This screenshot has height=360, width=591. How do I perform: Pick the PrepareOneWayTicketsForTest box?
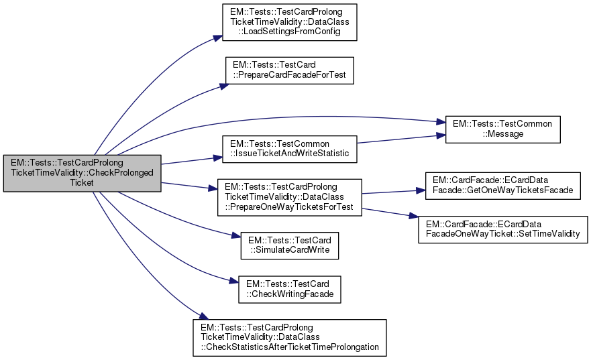pyautogui.click(x=289, y=196)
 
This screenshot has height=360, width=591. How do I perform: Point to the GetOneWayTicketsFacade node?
pyautogui.click(x=502, y=186)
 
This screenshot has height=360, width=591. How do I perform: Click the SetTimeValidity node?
pyautogui.click(x=502, y=229)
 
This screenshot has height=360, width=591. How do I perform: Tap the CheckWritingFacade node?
pyautogui.click(x=289, y=288)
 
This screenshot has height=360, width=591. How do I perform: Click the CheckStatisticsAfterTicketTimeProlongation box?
pyautogui.click(x=289, y=337)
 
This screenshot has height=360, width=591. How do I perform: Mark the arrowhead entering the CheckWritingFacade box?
pyautogui.click(x=234, y=282)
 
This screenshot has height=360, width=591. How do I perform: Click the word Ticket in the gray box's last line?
pyautogui.click(x=82, y=182)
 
